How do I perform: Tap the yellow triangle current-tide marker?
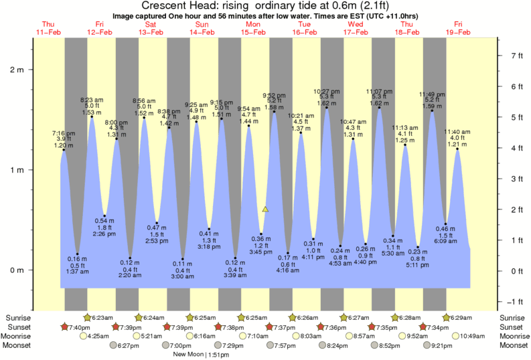coord(265,209)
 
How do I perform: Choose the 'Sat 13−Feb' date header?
coord(151,27)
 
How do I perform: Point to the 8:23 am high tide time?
coord(92,100)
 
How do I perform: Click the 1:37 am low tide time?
coord(78,272)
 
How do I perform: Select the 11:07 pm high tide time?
coord(380,91)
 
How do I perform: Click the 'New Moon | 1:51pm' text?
coord(200,354)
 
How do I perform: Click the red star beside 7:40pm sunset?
coord(64,327)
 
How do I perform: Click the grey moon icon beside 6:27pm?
coord(115,345)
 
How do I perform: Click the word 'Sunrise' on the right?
coord(513,317)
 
